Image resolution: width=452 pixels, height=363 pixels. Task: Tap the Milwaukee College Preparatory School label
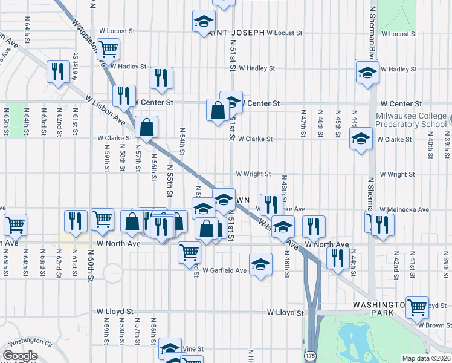[x=410, y=120]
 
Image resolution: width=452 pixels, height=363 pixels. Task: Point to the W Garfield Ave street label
[x=224, y=270]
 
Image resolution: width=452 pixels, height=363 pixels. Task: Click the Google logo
[x=20, y=356]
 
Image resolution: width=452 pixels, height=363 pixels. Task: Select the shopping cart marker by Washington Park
[x=417, y=307]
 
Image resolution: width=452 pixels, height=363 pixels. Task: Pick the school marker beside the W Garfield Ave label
[x=260, y=266]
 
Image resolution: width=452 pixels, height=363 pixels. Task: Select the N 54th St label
[x=181, y=143]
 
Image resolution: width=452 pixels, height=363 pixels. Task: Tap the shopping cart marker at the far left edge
[x=15, y=224]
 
